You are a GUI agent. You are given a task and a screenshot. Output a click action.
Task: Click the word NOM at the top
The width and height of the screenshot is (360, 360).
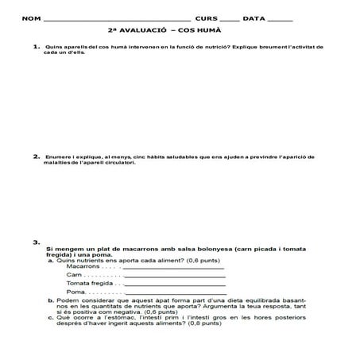click(29, 17)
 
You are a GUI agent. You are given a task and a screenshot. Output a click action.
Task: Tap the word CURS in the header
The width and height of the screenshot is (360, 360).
click(205, 17)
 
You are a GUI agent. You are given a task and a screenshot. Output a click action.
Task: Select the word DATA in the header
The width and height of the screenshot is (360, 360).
click(254, 17)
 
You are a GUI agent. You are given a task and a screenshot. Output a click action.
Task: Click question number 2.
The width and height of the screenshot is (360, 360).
click(37, 157)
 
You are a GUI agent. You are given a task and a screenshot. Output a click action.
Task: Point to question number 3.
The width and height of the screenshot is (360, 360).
click(37, 242)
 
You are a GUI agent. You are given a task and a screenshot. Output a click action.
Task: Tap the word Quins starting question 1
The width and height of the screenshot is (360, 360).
click(55, 48)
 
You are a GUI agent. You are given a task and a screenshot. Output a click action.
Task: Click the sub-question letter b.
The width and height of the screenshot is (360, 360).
click(51, 300)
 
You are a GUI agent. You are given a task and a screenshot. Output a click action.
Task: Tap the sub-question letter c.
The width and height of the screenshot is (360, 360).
click(51, 318)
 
